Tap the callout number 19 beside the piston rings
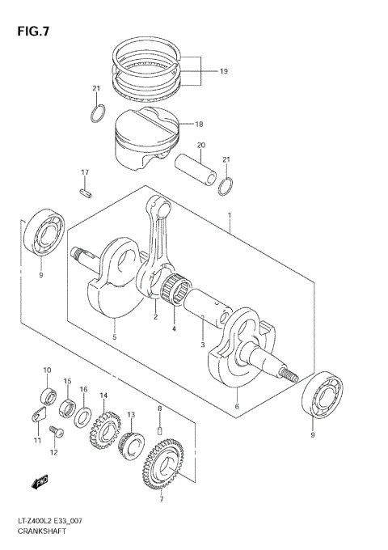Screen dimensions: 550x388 click(x=223, y=71)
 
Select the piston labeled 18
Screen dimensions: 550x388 click(x=145, y=133)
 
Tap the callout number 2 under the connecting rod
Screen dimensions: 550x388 click(x=155, y=317)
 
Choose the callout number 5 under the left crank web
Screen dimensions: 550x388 click(x=115, y=337)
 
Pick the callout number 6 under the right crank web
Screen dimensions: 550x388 click(x=237, y=407)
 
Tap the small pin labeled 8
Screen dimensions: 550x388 click(x=160, y=429)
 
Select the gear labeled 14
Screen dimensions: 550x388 click(x=103, y=425)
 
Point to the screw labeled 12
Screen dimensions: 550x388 click(x=55, y=430)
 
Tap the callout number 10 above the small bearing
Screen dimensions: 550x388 click(x=47, y=370)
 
